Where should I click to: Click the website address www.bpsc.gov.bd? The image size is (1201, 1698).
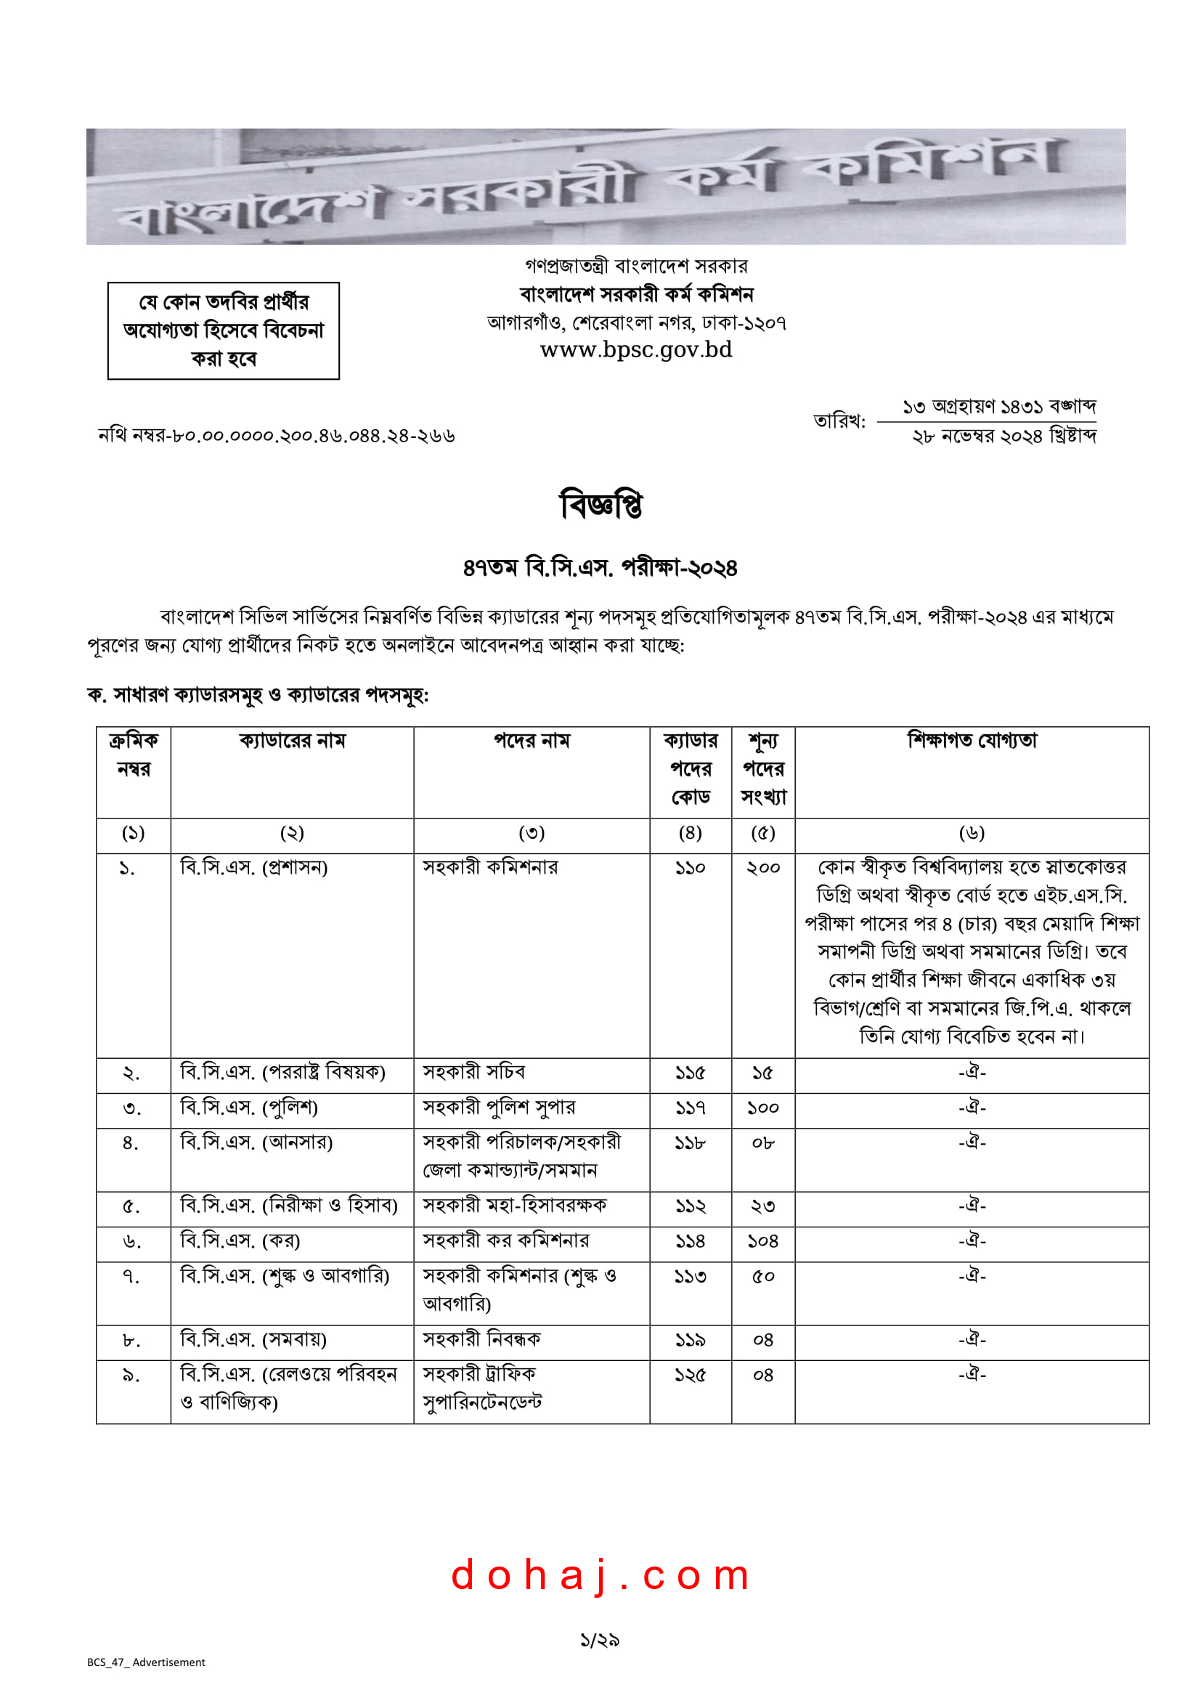coord(636,350)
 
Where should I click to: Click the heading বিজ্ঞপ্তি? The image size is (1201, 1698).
coord(600,505)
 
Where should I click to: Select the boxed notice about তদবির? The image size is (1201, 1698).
coord(224,330)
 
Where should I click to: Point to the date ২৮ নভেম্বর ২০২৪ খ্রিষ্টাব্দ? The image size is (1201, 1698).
coord(1003,436)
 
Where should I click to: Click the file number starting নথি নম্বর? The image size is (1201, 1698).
coord(277,436)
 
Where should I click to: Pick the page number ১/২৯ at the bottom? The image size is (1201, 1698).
coord(600,1641)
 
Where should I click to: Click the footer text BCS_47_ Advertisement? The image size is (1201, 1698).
coord(147,1662)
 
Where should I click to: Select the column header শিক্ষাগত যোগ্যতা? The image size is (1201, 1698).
coord(972,740)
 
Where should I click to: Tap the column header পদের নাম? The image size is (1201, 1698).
coord(532,740)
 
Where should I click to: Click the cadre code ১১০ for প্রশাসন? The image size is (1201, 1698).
coord(690,867)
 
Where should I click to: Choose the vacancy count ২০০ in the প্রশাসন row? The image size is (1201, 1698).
coord(763,867)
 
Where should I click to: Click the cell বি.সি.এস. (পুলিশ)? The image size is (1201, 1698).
coord(249,1108)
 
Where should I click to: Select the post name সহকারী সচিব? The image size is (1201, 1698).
coord(474,1073)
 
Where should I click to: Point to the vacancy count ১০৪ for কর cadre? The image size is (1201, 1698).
coord(763,1241)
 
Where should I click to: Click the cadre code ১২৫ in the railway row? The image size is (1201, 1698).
coord(690,1375)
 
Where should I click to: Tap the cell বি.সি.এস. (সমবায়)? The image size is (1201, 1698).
coord(253,1339)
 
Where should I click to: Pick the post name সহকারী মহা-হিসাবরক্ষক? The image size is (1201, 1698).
coord(515,1206)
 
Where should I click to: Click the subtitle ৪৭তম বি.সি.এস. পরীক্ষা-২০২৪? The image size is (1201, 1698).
coord(600,568)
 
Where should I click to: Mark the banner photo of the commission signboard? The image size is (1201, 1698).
coord(606,187)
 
